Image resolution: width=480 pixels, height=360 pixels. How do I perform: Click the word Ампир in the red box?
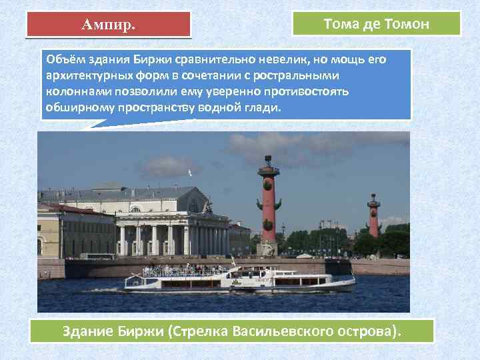click(x=107, y=25)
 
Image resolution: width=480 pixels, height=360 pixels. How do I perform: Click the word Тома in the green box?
click(x=341, y=24)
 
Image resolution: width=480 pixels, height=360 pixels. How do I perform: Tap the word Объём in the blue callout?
click(x=65, y=59)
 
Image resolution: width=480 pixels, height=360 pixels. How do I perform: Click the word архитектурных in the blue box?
click(x=82, y=75)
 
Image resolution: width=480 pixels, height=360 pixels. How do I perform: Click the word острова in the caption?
click(x=363, y=331)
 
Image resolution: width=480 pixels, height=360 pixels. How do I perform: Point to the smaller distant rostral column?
click(x=374, y=217)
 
